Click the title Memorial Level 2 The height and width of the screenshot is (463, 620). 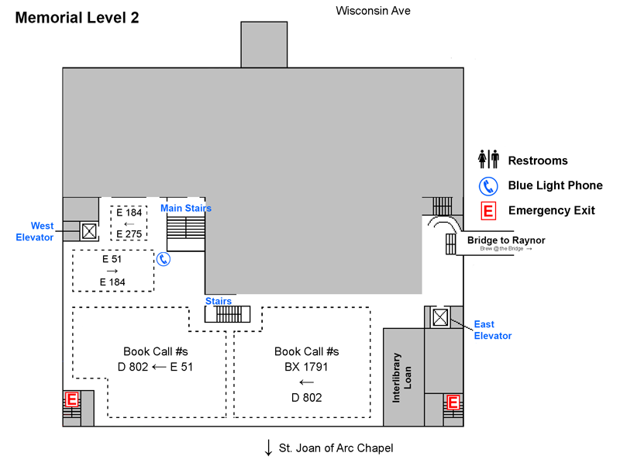(x=77, y=18)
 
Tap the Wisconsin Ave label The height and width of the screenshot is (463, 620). (x=373, y=10)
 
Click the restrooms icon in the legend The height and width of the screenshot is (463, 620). (x=488, y=160)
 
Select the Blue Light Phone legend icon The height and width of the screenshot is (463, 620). (x=488, y=185)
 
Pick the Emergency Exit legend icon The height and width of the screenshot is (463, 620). (x=488, y=210)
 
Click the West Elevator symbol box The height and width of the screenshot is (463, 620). (x=88, y=230)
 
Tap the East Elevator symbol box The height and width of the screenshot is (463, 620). (x=440, y=317)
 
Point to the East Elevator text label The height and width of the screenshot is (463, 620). (x=493, y=330)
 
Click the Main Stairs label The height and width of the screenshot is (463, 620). (x=185, y=208)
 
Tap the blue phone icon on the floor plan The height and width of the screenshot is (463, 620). (x=164, y=259)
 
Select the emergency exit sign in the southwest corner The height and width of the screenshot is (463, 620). (x=71, y=399)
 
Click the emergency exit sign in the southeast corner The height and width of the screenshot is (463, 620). (x=453, y=403)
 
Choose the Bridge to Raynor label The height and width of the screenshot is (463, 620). (x=506, y=240)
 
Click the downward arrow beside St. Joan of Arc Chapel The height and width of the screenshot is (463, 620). (x=269, y=447)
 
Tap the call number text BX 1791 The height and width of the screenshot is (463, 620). (x=306, y=366)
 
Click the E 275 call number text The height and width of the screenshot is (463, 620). (x=129, y=234)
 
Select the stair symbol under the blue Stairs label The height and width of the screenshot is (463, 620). (x=229, y=314)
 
